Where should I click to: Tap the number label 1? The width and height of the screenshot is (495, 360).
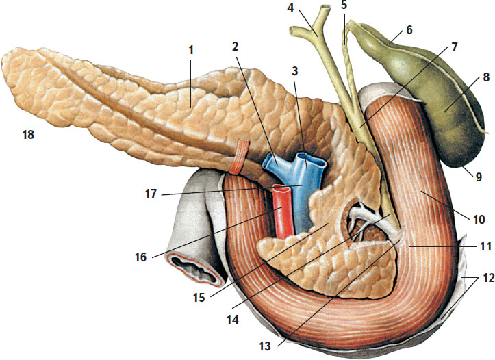tap(192, 50)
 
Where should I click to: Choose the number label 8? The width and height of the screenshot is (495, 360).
tap(467, 78)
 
